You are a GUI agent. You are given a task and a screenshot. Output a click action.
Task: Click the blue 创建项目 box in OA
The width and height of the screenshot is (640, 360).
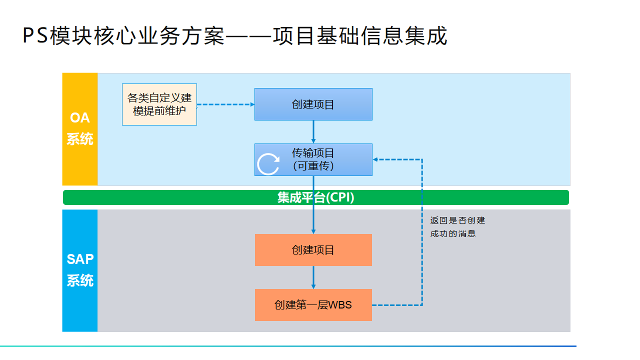coord(313,104)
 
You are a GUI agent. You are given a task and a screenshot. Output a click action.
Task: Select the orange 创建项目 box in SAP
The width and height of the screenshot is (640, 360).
coord(313,249)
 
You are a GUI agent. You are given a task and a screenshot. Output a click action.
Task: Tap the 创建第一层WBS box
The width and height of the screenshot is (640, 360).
coord(313,304)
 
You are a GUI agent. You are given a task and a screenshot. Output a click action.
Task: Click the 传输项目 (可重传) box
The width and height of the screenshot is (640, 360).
coord(313,159)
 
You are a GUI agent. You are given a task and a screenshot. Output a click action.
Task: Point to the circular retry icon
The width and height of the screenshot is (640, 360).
coord(268,164)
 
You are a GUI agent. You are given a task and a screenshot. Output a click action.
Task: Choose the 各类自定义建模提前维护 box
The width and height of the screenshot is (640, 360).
coord(159,104)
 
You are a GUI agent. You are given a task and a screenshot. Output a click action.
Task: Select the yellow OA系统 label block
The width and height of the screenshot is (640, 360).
coord(80,129)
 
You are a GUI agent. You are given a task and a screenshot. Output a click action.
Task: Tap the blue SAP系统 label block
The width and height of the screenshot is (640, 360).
coord(80,270)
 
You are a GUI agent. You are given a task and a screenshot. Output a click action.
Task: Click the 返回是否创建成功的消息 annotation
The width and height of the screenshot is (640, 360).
coord(457,226)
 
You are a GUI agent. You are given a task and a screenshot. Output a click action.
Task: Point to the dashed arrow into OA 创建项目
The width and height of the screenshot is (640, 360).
coord(225,104)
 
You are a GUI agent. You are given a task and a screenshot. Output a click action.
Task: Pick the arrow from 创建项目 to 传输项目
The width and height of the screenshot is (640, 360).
coord(313,132)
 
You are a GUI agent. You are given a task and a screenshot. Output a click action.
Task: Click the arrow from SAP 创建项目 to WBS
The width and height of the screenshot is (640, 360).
coord(313,277)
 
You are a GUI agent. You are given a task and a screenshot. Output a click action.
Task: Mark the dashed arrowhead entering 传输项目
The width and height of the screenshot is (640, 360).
coord(376,159)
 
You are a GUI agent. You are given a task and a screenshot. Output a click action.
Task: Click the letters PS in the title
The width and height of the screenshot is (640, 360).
coord(35,36)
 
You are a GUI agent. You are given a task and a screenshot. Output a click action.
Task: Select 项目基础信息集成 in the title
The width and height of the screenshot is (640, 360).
coord(359,36)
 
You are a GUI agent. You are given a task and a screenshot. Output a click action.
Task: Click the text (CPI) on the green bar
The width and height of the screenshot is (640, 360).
coord(340,197)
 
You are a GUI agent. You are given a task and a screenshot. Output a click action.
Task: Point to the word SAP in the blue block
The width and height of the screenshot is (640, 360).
coord(80,259)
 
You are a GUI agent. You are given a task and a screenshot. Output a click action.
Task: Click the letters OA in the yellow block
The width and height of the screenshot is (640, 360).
coord(80,118)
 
